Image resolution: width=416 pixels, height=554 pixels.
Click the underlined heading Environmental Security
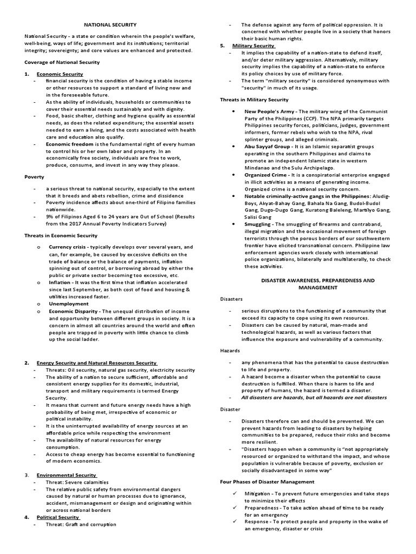click(66, 474)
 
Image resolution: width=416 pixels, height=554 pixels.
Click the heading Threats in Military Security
click(254, 100)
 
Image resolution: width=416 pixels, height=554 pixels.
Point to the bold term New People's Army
click(269, 111)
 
